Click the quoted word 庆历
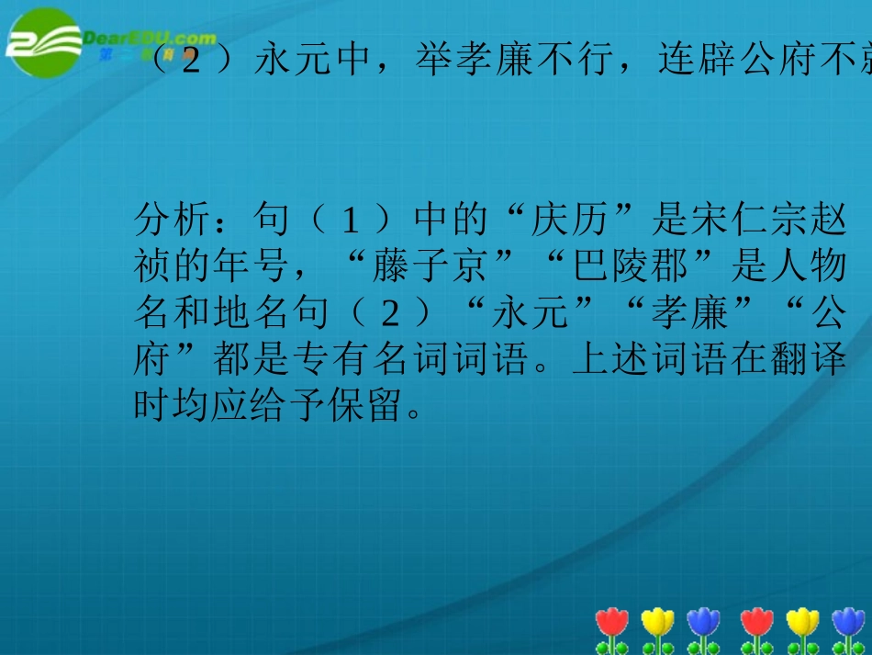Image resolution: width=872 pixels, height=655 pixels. coord(568,221)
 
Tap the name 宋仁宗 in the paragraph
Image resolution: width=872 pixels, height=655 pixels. coord(750,221)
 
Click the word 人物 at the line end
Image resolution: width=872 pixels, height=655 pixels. coord(809,268)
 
